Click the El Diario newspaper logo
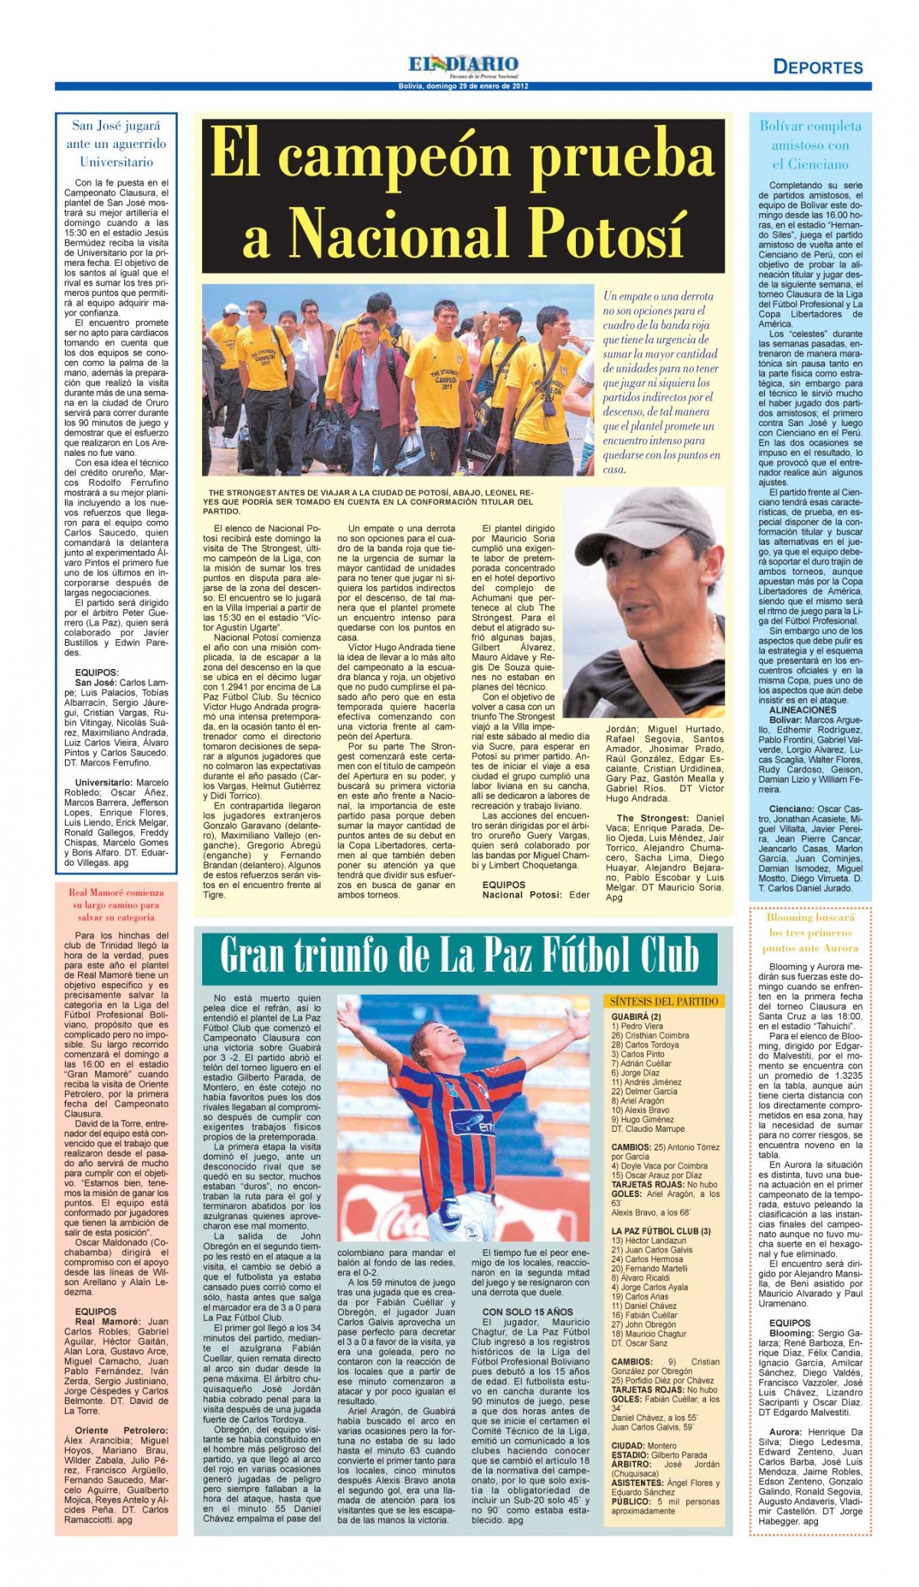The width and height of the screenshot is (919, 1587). coord(463,64)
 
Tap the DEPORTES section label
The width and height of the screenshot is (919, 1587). coord(817,67)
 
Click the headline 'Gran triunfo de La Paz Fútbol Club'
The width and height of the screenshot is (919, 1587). coord(459,955)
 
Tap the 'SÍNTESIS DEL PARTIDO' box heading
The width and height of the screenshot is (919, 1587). coord(663,1001)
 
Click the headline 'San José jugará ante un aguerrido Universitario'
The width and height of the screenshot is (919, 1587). coord(116,143)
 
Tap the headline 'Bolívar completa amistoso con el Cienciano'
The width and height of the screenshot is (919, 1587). coord(810,145)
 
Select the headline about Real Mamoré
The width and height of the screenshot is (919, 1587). coord(116,904)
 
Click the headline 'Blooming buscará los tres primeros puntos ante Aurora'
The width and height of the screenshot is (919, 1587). coord(810,933)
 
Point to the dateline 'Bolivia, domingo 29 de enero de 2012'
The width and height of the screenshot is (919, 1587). coord(463,84)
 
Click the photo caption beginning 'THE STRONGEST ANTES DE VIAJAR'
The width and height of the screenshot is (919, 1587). coord(371,500)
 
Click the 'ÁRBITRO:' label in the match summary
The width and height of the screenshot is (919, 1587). coord(630,1464)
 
